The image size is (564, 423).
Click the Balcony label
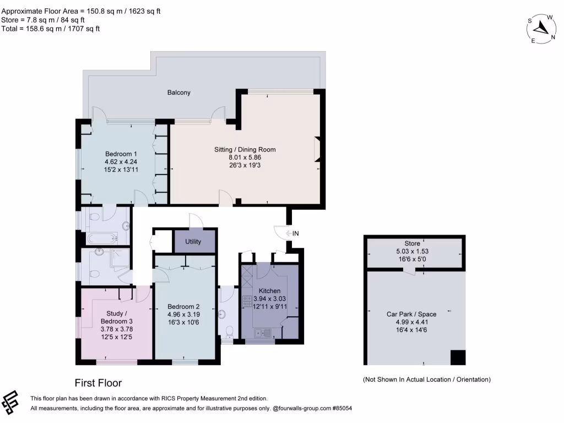click(179, 93)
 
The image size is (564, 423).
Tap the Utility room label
click(193, 242)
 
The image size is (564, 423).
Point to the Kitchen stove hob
click(246, 301)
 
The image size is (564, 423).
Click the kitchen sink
click(261, 332)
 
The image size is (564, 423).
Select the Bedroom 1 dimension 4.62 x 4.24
click(121, 162)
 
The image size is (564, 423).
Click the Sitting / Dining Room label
click(245, 149)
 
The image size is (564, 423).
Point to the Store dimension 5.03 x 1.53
click(412, 251)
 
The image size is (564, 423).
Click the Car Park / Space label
click(411, 314)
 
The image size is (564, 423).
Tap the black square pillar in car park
click(458, 357)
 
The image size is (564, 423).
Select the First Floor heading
click(98, 383)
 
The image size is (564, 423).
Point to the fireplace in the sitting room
click(317, 149)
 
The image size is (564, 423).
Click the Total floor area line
click(51, 29)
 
